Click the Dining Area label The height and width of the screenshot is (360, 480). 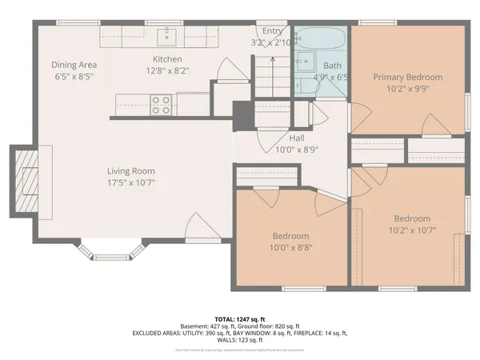(x=75, y=65)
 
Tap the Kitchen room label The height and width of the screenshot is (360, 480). (x=168, y=59)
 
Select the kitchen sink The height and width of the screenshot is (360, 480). (x=168, y=35)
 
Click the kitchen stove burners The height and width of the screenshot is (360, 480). (x=161, y=102)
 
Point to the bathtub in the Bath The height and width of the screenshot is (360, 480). (x=320, y=39)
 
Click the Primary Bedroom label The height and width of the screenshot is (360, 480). (x=407, y=78)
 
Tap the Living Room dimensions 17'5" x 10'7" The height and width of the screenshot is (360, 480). (x=131, y=182)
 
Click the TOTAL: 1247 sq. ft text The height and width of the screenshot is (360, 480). (x=239, y=318)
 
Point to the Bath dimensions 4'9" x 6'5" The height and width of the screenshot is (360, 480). (x=331, y=78)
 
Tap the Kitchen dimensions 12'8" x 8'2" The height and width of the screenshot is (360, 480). (x=168, y=70)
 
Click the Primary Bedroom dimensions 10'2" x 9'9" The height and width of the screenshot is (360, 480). (x=407, y=89)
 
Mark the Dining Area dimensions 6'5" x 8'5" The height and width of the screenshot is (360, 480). (x=75, y=77)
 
